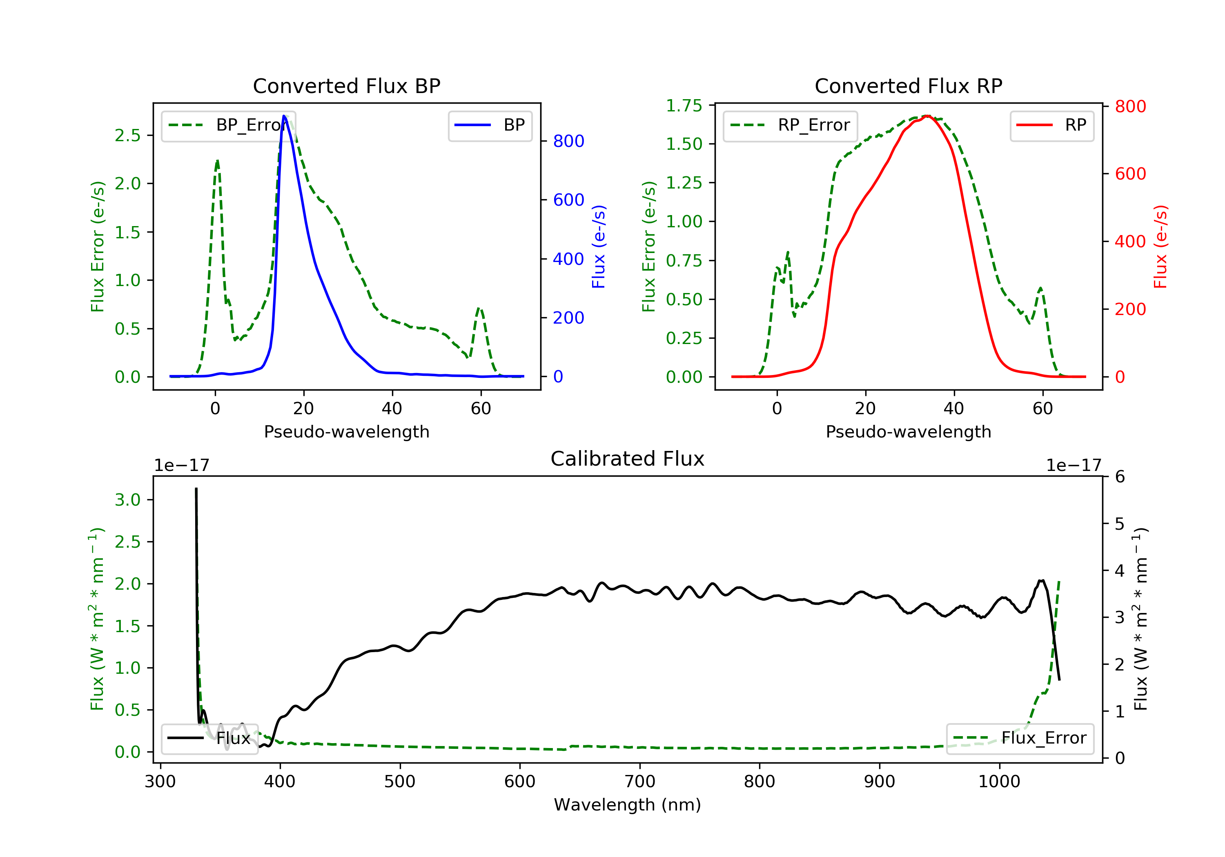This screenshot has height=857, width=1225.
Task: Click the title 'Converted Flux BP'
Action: click(x=346, y=86)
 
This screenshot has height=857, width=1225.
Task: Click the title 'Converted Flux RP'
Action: click(x=908, y=86)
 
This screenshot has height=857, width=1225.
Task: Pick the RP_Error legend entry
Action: click(x=790, y=125)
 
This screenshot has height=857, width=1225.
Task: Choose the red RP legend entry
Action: click(x=1051, y=125)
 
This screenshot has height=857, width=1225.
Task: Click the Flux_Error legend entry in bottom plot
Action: click(x=1020, y=738)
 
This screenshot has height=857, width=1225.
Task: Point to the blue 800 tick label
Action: click(x=568, y=141)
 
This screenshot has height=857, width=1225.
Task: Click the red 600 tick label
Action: click(x=1130, y=174)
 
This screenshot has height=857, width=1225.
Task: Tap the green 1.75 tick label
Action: click(x=684, y=106)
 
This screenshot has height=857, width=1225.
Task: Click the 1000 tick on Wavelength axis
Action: click(x=999, y=782)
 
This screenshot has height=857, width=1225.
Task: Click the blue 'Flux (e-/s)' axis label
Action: click(x=599, y=246)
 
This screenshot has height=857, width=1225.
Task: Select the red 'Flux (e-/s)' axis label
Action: click(x=1160, y=246)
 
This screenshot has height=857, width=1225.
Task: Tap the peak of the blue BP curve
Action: click(x=284, y=116)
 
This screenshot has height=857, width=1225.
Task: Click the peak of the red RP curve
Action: click(x=927, y=116)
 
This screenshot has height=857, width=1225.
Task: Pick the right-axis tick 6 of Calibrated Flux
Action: click(x=1120, y=477)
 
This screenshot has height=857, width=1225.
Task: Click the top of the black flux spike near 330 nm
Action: click(x=196, y=488)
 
